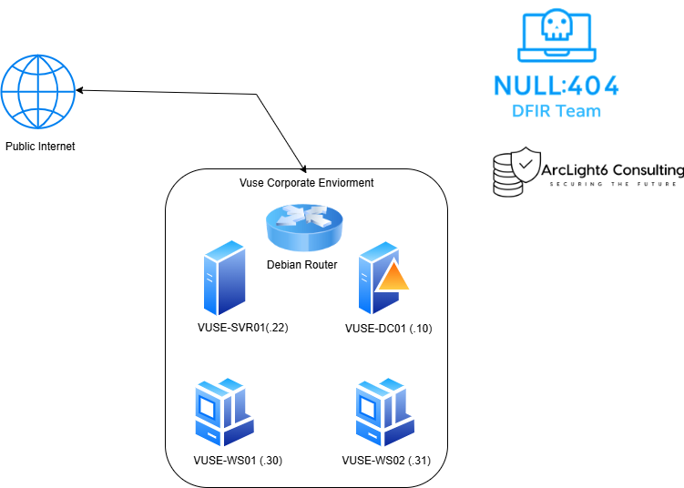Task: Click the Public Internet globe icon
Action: (x=36, y=94)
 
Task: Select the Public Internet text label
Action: (x=40, y=146)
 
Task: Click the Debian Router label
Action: (x=302, y=265)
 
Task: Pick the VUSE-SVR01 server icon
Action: (x=224, y=277)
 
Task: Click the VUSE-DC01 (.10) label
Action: (x=388, y=328)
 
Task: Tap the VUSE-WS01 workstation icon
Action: (x=224, y=412)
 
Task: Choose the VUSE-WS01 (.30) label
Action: (x=239, y=461)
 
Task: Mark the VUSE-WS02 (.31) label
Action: (x=386, y=461)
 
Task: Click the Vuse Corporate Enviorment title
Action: (x=306, y=183)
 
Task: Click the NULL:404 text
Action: (x=556, y=86)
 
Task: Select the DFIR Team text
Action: (x=556, y=111)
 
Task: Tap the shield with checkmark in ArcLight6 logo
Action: (x=526, y=166)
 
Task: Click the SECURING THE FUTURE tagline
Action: (x=613, y=184)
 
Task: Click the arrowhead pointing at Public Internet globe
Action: (x=81, y=90)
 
